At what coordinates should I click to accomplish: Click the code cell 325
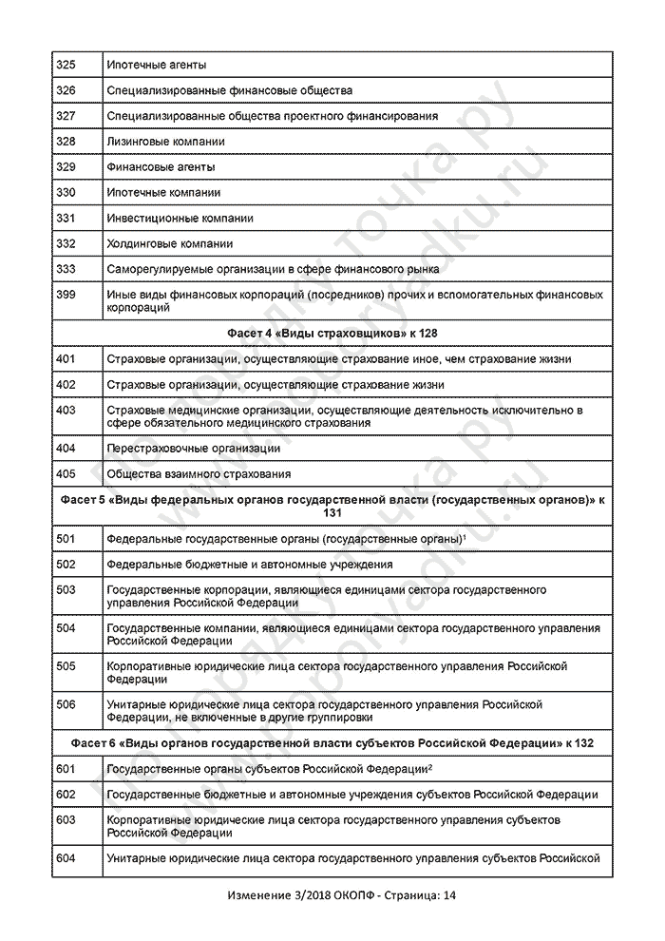[66, 65]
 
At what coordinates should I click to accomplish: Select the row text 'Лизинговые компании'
[166, 142]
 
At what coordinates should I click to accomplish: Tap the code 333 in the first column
[66, 269]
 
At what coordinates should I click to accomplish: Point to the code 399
[66, 295]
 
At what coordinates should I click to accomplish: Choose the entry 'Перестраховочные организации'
[194, 448]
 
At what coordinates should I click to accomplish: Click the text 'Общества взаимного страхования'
[199, 473]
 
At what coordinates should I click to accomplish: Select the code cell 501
[66, 539]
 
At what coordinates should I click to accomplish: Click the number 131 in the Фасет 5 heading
[332, 512]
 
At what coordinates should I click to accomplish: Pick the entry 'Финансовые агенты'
[161, 167]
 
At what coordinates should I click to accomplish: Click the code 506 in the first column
[66, 704]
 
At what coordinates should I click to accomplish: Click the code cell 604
[66, 858]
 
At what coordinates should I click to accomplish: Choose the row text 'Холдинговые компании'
[170, 244]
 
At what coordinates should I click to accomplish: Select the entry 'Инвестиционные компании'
[180, 219]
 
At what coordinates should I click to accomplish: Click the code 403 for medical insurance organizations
[66, 410]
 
